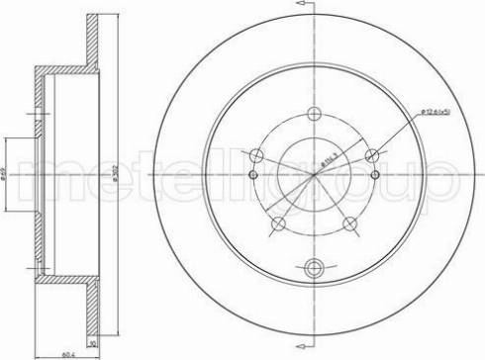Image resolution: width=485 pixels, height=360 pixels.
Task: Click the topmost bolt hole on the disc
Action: pos(315,112)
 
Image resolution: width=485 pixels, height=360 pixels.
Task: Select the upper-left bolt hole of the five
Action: pos(257,154)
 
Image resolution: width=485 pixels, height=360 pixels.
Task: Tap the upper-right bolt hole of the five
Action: pos(373,154)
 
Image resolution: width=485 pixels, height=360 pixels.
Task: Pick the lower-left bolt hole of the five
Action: pos(279,223)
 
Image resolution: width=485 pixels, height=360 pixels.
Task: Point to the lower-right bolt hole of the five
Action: pos(351,223)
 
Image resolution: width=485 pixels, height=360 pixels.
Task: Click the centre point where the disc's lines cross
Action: pos(315,175)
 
